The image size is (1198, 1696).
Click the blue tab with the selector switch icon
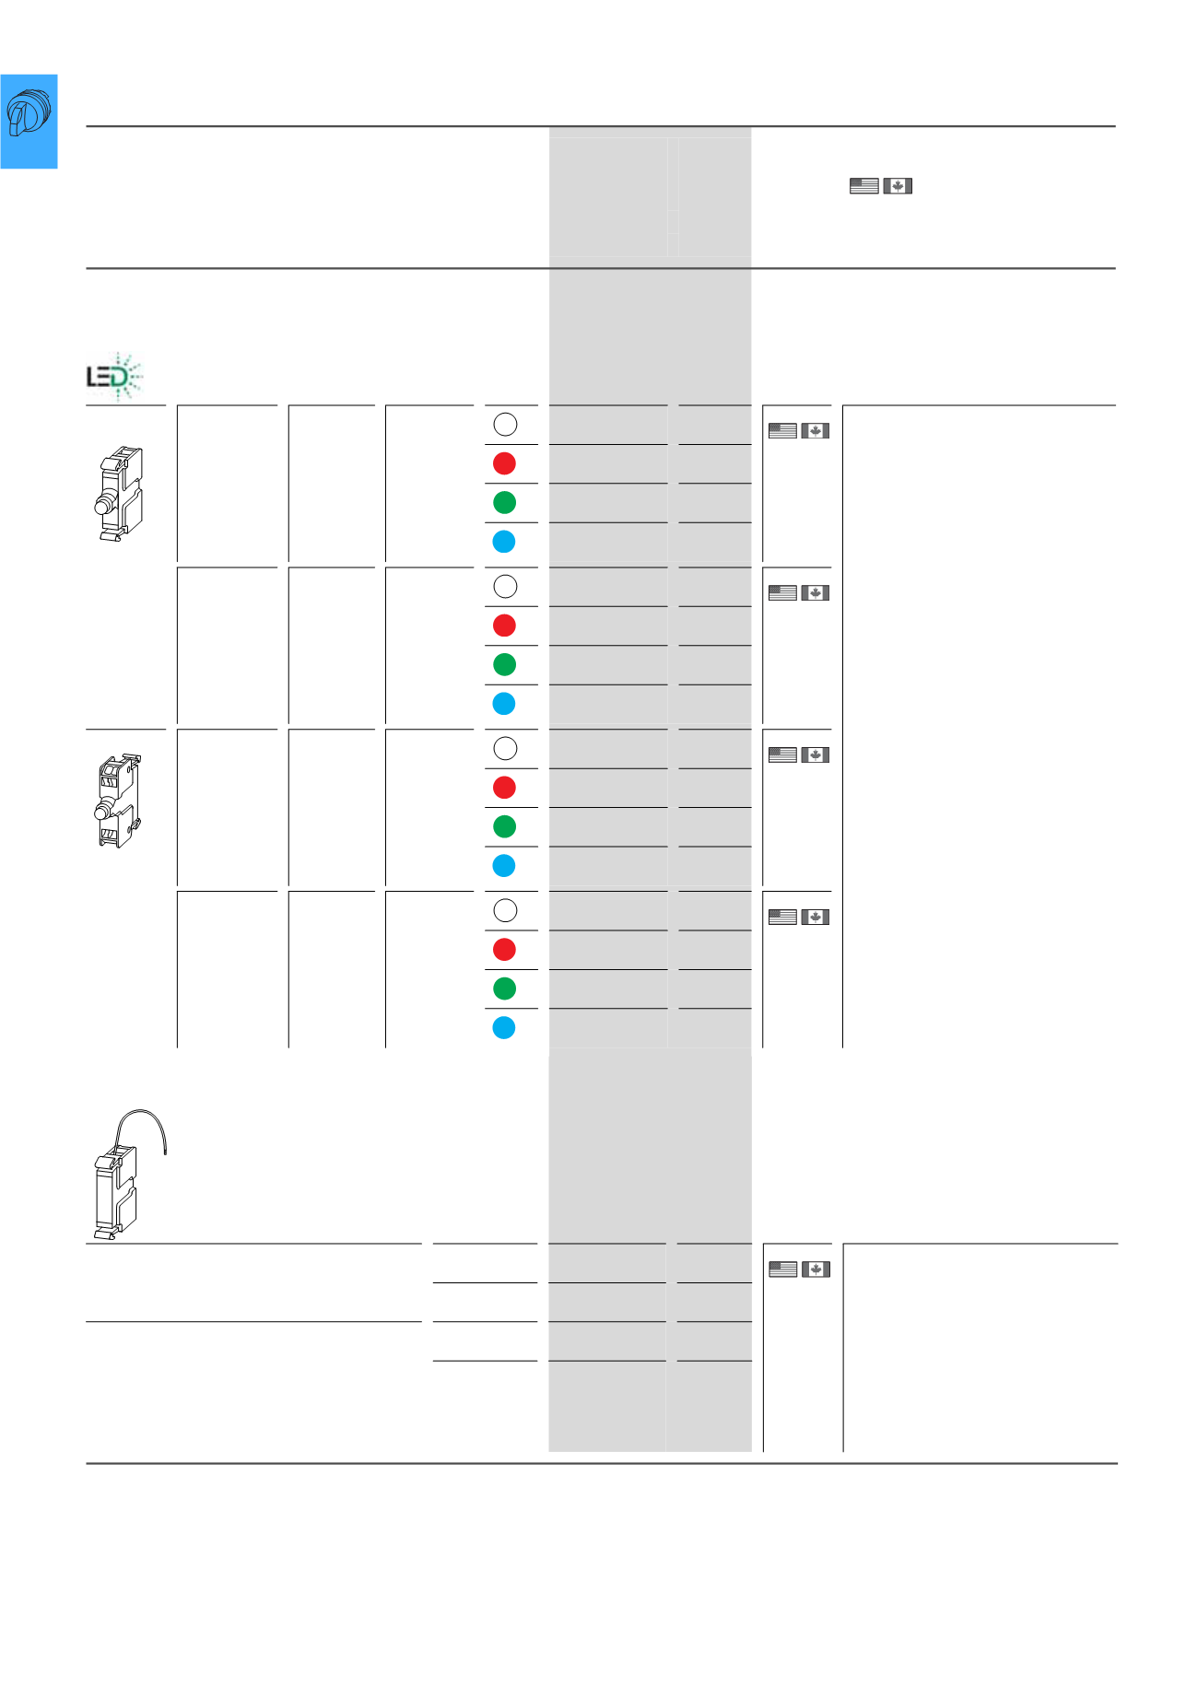pyautogui.click(x=29, y=122)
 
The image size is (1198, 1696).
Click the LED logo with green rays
pyautogui.click(x=115, y=376)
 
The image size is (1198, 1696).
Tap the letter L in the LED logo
pyautogui.click(x=93, y=377)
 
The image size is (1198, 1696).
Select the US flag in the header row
pyautogui.click(x=863, y=186)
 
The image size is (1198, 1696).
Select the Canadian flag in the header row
pyautogui.click(x=898, y=186)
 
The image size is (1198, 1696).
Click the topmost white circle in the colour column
pyautogui.click(x=505, y=424)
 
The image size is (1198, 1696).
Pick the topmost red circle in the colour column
pyautogui.click(x=504, y=463)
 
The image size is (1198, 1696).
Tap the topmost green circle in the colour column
pyautogui.click(x=504, y=502)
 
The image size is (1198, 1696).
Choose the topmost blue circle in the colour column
pyautogui.click(x=504, y=542)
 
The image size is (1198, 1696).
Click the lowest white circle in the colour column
pyautogui.click(x=505, y=910)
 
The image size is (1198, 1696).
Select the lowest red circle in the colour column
pyautogui.click(x=504, y=950)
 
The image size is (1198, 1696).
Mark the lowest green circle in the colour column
pyautogui.click(x=504, y=988)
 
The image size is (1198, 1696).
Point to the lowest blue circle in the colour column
pyautogui.click(x=504, y=1028)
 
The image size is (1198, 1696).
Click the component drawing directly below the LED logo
pyautogui.click(x=119, y=493)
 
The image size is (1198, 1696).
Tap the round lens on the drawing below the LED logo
pyautogui.click(x=102, y=506)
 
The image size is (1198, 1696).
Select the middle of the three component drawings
pyautogui.click(x=119, y=801)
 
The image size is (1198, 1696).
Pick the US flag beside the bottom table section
pyautogui.click(x=782, y=1269)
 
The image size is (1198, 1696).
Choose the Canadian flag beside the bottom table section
pyautogui.click(x=816, y=1269)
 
